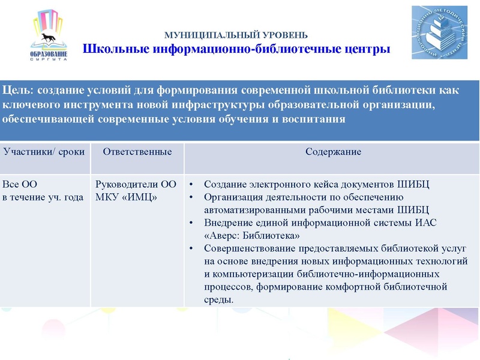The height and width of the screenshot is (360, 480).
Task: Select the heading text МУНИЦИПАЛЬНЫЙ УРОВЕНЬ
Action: [236, 35]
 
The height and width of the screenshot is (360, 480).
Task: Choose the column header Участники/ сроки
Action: [44, 152]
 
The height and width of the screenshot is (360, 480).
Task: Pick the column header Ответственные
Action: [137, 152]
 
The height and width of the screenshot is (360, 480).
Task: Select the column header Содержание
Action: [333, 152]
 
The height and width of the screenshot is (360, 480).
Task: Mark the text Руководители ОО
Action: [136, 184]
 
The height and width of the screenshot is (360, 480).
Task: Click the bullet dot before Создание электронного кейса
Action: [191, 184]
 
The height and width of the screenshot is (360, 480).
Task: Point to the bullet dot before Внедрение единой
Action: [191, 223]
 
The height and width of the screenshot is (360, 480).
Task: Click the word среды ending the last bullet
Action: [218, 299]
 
